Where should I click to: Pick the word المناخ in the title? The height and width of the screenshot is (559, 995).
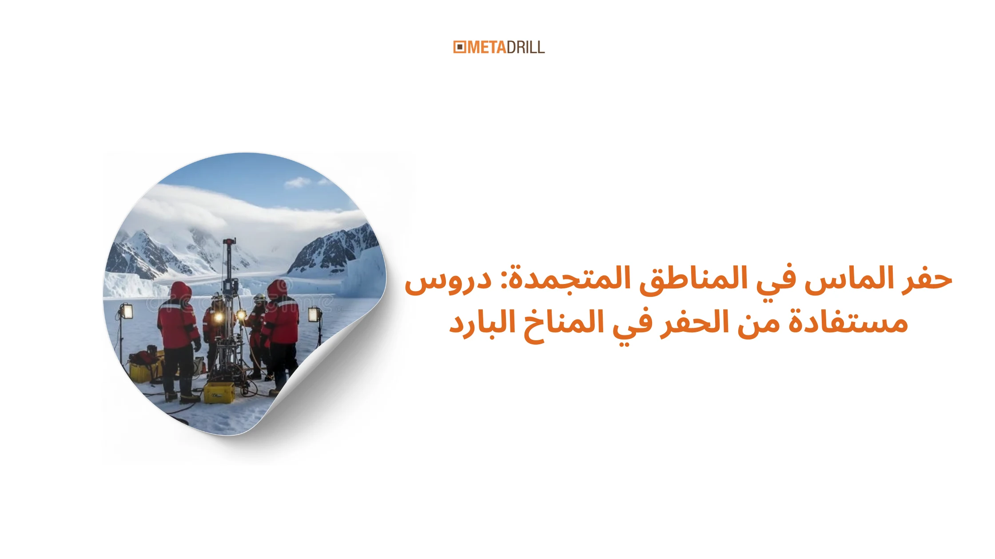coord(564,323)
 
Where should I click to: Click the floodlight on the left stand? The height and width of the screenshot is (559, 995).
coord(127,311)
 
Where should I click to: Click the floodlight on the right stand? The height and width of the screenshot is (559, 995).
coord(314,314)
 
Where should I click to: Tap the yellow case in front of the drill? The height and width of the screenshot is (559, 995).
coord(219,393)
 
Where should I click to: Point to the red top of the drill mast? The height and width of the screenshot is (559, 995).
coord(229,242)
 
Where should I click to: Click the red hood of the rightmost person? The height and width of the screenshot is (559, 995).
coord(277,289)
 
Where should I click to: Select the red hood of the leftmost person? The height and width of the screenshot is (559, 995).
coord(181,291)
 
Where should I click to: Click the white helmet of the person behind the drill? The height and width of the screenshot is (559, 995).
coord(259,298)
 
